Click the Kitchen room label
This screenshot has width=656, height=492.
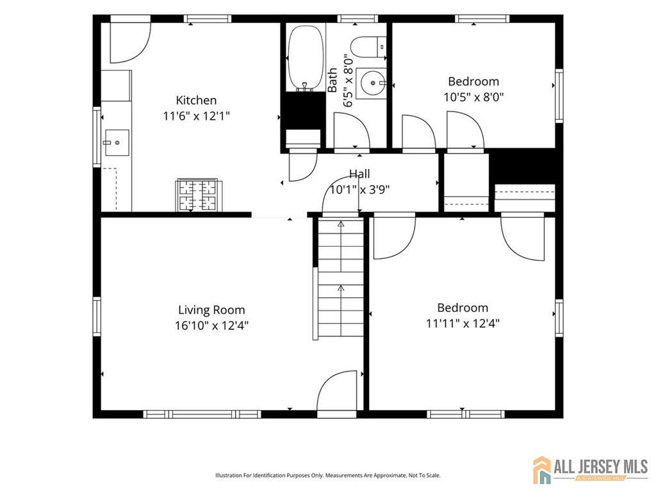196,101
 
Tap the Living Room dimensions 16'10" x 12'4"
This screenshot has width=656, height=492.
211,325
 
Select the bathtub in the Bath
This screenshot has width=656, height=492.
306,57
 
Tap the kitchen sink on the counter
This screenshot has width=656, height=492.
117,143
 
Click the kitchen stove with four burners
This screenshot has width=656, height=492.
199,195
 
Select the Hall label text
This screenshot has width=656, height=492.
360,174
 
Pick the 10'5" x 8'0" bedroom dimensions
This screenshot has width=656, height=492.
473,97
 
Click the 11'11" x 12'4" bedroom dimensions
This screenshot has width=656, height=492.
463,324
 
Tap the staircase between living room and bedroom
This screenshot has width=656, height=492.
341,277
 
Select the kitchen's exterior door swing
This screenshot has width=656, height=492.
130,42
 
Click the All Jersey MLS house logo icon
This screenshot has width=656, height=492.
542,470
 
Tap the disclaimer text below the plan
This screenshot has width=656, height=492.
327,475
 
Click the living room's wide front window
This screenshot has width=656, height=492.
202,414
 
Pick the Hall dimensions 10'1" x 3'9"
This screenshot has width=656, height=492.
360,190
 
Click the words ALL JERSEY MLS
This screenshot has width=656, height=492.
601,466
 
